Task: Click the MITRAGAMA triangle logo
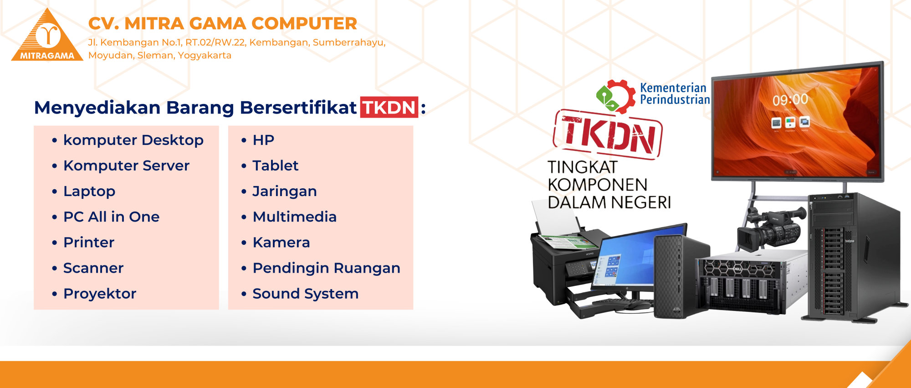coord(47,36)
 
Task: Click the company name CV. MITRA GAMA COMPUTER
coord(223,23)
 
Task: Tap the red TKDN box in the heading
coord(389,107)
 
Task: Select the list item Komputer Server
coord(126,166)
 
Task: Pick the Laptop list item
coord(89,191)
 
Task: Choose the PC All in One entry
coord(112,217)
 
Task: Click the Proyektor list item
coord(100,294)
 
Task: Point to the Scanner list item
coord(93,268)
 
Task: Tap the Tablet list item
coord(276,166)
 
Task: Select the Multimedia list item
coord(295,217)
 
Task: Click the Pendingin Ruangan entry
coord(327,268)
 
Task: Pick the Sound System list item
coord(306,294)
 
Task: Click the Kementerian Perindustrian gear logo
coord(615,96)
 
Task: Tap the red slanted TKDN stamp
coord(608,135)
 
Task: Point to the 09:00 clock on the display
coord(790,99)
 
